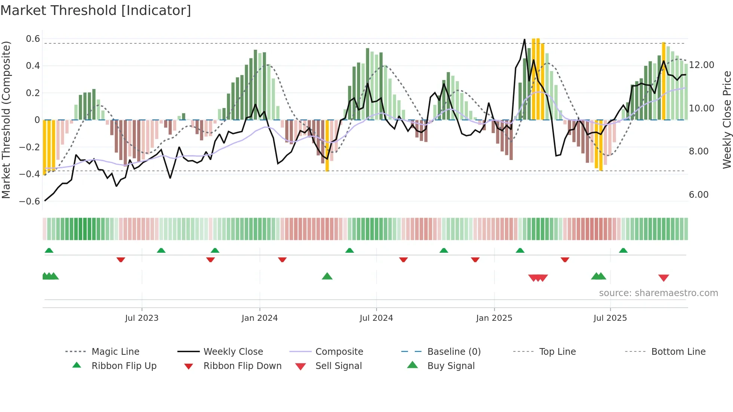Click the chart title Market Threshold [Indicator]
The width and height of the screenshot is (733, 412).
pyautogui.click(x=96, y=10)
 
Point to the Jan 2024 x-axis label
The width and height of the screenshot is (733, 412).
pyautogui.click(x=260, y=318)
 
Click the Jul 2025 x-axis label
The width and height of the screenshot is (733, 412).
pyautogui.click(x=610, y=318)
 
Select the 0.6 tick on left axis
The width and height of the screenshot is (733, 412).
pyautogui.click(x=33, y=39)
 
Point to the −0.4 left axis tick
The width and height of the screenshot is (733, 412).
pyautogui.click(x=30, y=174)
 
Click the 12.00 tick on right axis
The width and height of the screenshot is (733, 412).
pyautogui.click(x=702, y=65)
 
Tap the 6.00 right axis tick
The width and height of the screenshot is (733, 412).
pyautogui.click(x=699, y=195)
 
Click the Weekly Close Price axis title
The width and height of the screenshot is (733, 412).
pyautogui.click(x=727, y=120)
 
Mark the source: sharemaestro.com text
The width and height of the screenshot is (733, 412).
pyautogui.click(x=658, y=293)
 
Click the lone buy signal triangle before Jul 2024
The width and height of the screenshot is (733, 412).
pyautogui.click(x=327, y=276)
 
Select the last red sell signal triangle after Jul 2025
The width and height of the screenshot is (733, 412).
pyautogui.click(x=663, y=278)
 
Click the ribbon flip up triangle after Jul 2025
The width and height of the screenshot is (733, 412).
pyautogui.click(x=623, y=250)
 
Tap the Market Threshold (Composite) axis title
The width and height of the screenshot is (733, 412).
pyautogui.click(x=6, y=120)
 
